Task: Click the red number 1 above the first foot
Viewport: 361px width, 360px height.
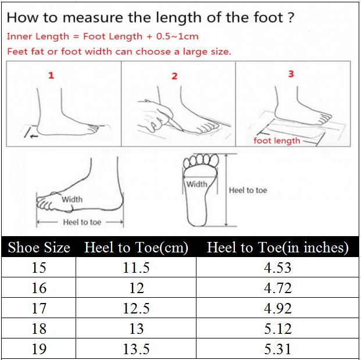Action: point(51,76)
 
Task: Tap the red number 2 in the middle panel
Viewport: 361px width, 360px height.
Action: point(174,76)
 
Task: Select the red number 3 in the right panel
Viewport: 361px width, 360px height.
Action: point(291,74)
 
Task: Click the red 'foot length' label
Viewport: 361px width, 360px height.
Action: point(277,141)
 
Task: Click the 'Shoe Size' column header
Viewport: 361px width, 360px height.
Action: point(39,248)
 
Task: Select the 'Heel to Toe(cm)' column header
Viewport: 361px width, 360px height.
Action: point(136,248)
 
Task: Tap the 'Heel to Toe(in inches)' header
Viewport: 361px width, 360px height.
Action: point(278,248)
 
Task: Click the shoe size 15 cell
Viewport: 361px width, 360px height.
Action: point(39,268)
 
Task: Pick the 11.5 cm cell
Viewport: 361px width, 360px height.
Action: point(136,268)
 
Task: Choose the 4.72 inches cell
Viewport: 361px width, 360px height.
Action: point(278,288)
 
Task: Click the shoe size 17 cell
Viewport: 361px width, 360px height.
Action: point(39,308)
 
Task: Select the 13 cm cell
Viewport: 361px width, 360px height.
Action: point(136,329)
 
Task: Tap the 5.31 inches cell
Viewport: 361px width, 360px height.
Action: point(278,349)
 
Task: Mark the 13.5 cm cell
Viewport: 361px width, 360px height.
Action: point(136,349)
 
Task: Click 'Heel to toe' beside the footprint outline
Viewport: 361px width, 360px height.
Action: point(248,190)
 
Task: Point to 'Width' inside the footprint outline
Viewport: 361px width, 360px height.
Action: point(197,184)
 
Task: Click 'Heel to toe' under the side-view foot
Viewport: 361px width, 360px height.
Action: point(82,222)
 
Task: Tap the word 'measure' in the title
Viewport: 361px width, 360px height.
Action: point(93,17)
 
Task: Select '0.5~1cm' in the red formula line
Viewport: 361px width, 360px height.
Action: point(177,37)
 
